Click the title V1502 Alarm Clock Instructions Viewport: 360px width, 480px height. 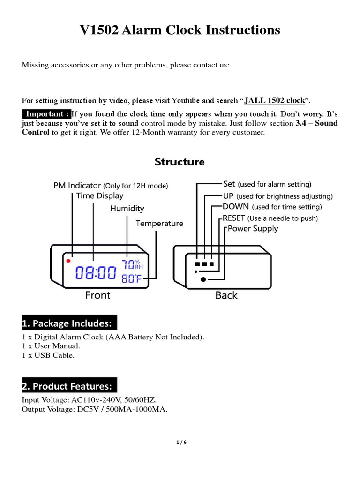pyautogui.click(x=180, y=30)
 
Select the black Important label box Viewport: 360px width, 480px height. pyautogui.click(x=46, y=114)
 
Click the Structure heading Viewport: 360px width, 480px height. pyautogui.click(x=180, y=162)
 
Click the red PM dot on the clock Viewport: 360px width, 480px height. pyautogui.click(x=68, y=260)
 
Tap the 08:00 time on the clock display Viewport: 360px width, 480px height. pyautogui.click(x=96, y=273)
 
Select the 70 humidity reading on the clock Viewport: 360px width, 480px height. pyautogui.click(x=127, y=264)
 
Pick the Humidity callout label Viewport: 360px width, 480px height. pyautogui.click(x=127, y=209)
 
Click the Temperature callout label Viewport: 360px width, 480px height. pyautogui.click(x=159, y=224)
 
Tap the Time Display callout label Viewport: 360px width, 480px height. pyautogui.click(x=100, y=196)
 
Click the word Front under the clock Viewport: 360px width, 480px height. pyautogui.click(x=97, y=295)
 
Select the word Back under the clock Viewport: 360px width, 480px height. pyautogui.click(x=226, y=295)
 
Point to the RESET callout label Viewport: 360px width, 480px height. pyautogui.click(x=234, y=218)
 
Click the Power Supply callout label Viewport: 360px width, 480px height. pyautogui.click(x=253, y=229)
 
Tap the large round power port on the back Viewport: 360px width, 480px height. pyautogui.click(x=203, y=279)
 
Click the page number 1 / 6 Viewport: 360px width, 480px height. pyautogui.click(x=180, y=442)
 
